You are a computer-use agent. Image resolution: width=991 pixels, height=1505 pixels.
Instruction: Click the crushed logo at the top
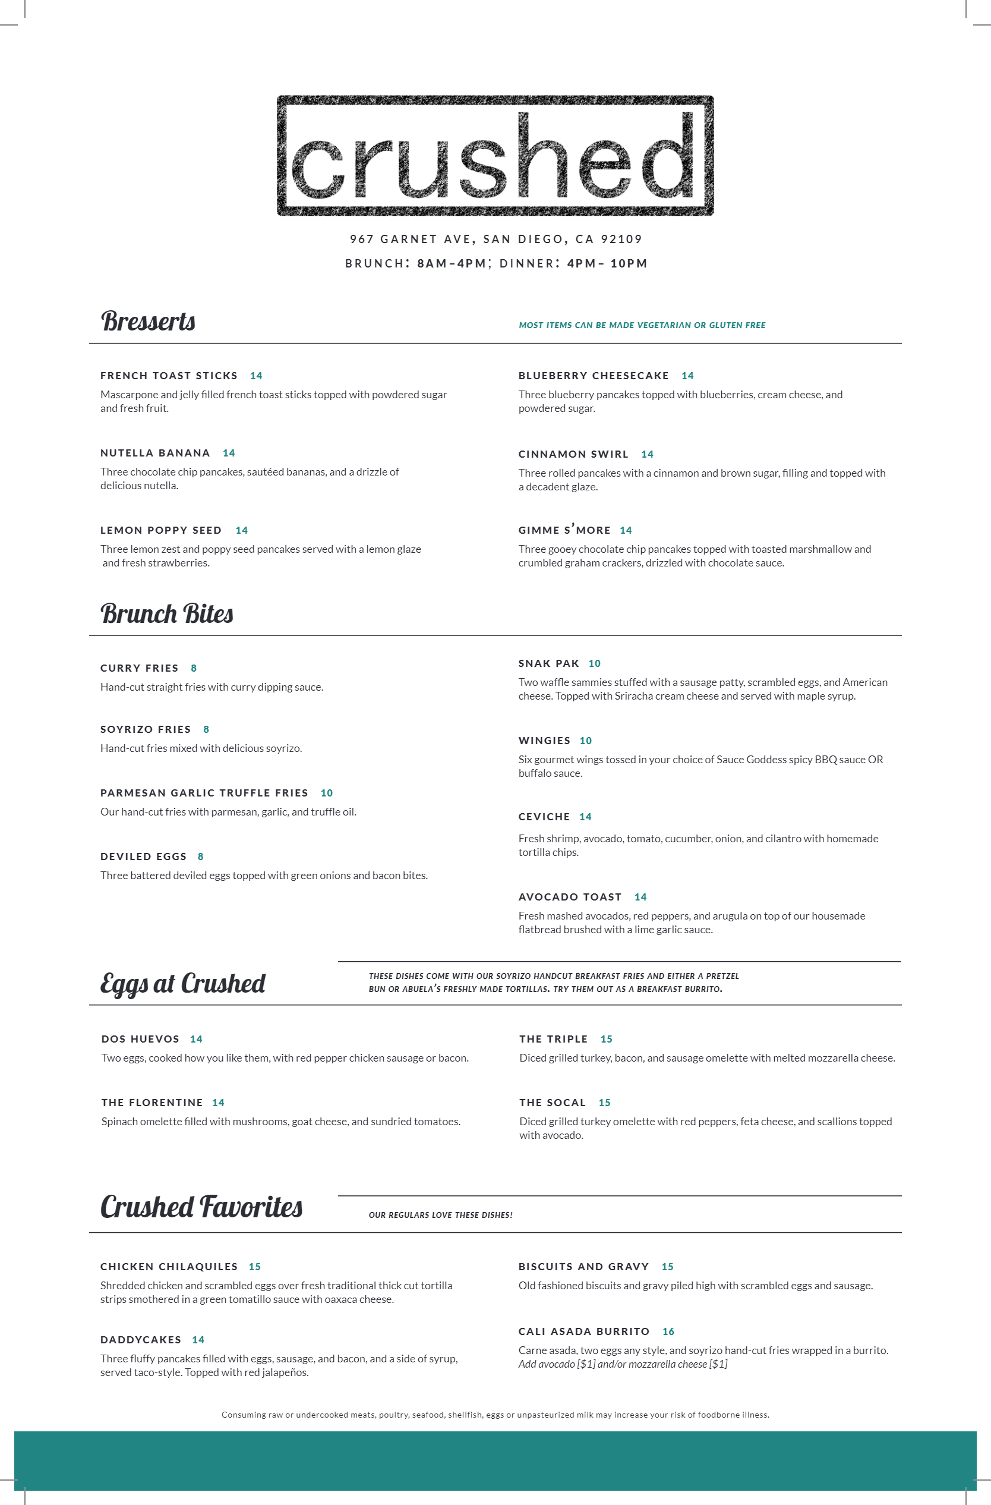[495, 156]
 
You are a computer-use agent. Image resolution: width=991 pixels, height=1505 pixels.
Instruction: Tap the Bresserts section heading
[148, 321]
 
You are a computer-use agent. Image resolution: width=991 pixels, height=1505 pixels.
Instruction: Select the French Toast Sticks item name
[169, 376]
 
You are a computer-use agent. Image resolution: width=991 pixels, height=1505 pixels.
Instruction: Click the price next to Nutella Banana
[229, 454]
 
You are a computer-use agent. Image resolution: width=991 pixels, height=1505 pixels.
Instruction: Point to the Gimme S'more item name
[564, 530]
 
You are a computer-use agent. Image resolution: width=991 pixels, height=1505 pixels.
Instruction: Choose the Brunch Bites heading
[167, 614]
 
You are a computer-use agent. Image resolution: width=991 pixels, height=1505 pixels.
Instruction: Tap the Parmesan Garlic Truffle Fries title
[204, 793]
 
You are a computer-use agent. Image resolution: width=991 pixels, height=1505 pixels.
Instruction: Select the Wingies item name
[544, 741]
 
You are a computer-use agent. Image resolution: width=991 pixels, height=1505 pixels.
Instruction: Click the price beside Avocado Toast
[640, 898]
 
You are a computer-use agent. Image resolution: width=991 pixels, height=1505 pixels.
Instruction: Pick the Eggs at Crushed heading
[182, 983]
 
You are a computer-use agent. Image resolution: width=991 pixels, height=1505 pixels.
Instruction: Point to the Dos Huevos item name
[140, 1039]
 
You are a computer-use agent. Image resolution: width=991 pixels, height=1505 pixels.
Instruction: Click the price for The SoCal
[604, 1103]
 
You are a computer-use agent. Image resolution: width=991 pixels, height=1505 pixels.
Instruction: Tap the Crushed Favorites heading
[201, 1207]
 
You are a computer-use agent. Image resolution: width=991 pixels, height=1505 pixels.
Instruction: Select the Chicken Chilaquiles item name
[169, 1267]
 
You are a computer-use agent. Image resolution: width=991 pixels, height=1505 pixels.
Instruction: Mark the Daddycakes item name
[141, 1340]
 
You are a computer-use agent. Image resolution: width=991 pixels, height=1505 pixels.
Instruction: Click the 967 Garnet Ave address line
[495, 239]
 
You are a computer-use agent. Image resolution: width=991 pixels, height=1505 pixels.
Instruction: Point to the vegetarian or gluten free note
[642, 325]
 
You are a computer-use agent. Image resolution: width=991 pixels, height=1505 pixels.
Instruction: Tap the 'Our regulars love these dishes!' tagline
[440, 1215]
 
